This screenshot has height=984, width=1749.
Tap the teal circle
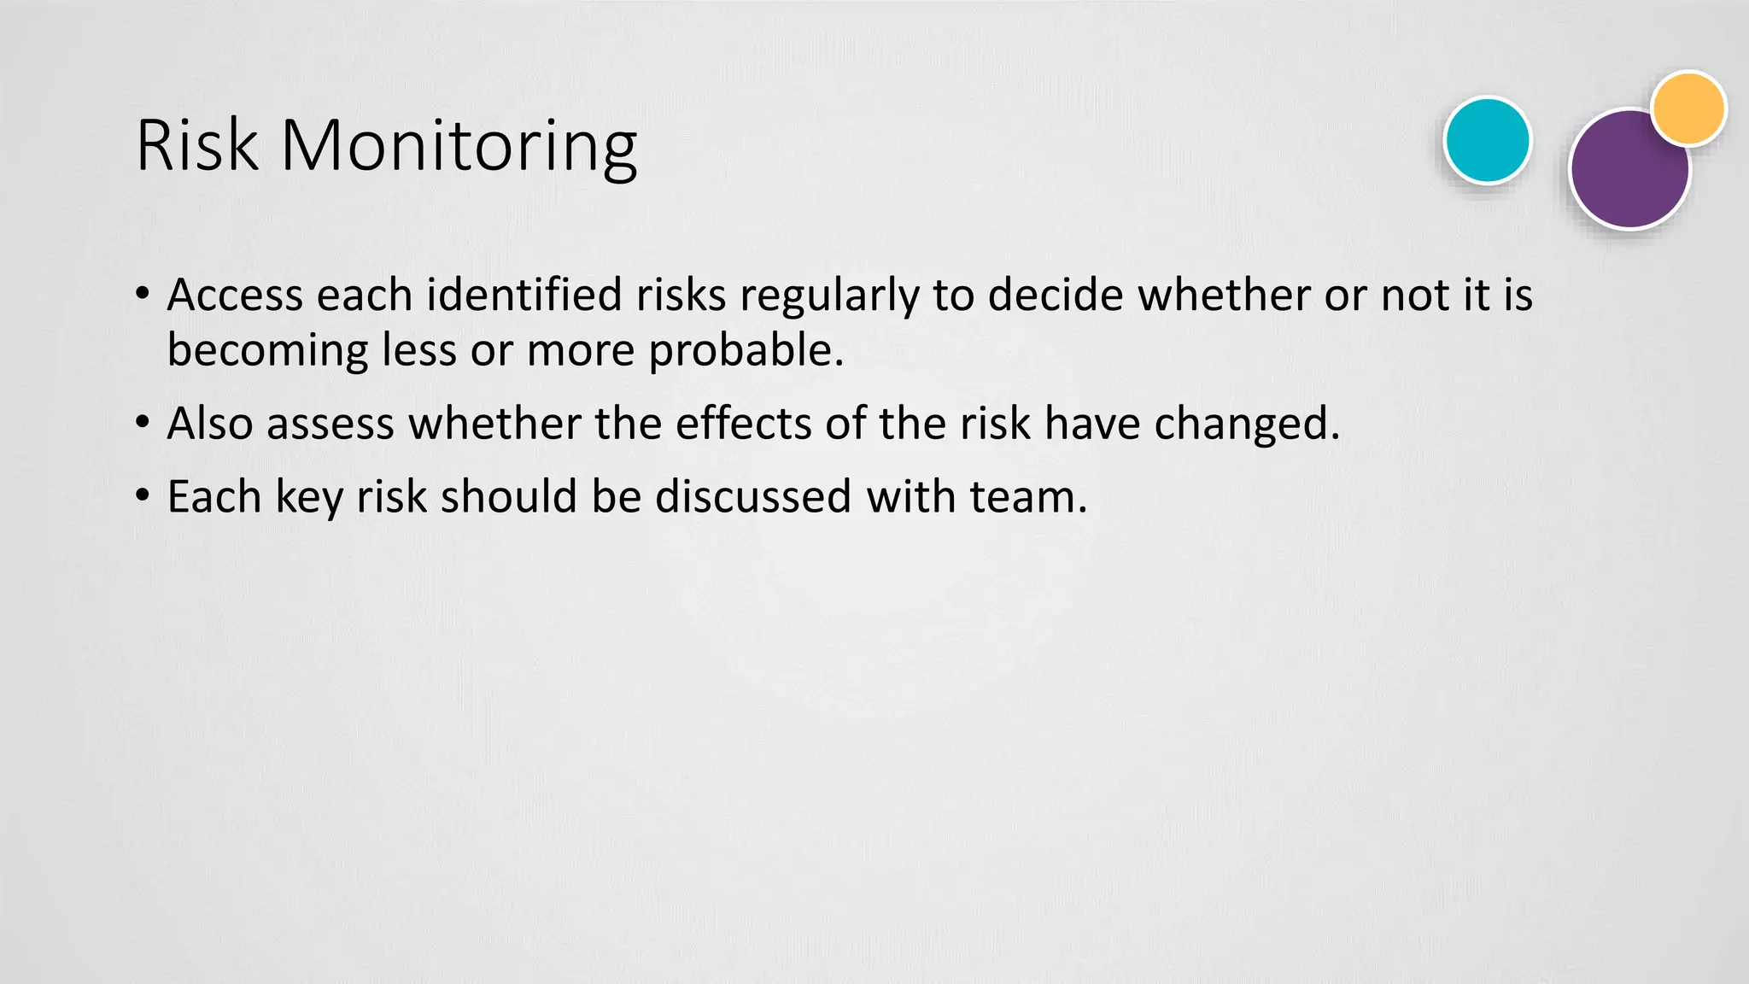pyautogui.click(x=1487, y=141)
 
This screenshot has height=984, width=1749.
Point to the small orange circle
pyautogui.click(x=1688, y=108)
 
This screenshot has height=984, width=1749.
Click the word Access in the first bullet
pyautogui.click(x=235, y=296)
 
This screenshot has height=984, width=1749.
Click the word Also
pyautogui.click(x=209, y=424)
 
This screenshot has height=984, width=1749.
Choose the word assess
pyautogui.click(x=330, y=425)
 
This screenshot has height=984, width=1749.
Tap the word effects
pyautogui.click(x=743, y=424)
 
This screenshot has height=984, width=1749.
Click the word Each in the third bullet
pyautogui.click(x=214, y=497)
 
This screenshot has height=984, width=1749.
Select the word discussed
pyautogui.click(x=753, y=497)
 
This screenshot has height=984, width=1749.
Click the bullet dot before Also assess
pyautogui.click(x=143, y=422)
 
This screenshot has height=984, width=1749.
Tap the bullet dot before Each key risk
pyautogui.click(x=143, y=495)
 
